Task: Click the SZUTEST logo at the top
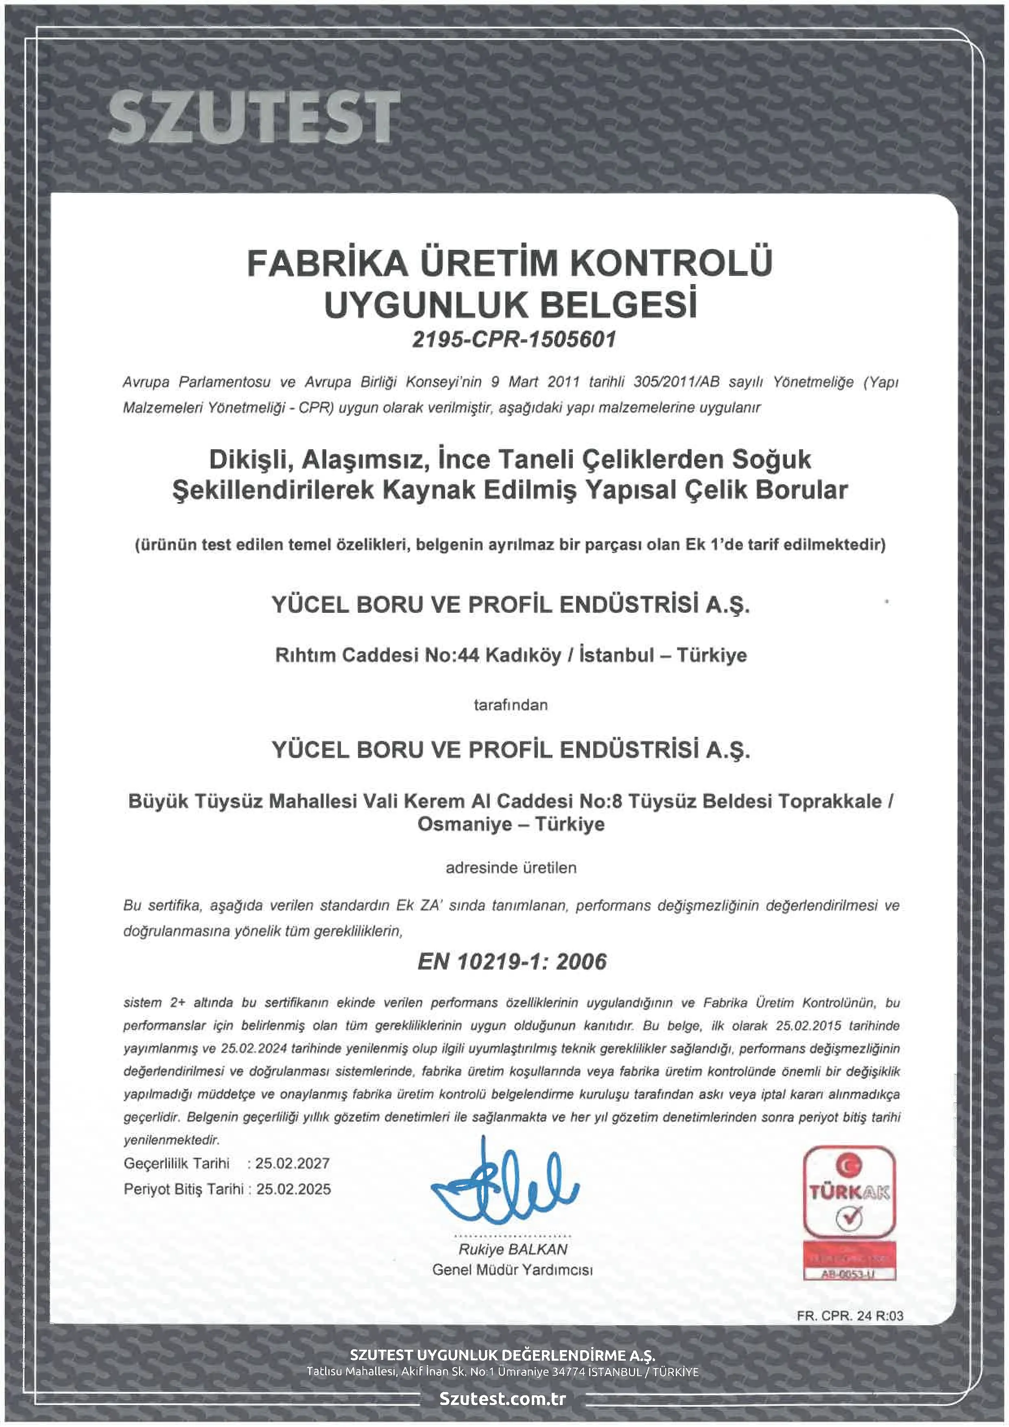(x=253, y=116)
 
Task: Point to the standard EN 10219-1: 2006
(x=512, y=962)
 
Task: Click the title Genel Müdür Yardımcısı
(x=513, y=1270)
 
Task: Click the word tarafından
(x=511, y=705)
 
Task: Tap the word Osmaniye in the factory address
(x=465, y=825)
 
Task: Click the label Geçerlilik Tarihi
(x=177, y=1163)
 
